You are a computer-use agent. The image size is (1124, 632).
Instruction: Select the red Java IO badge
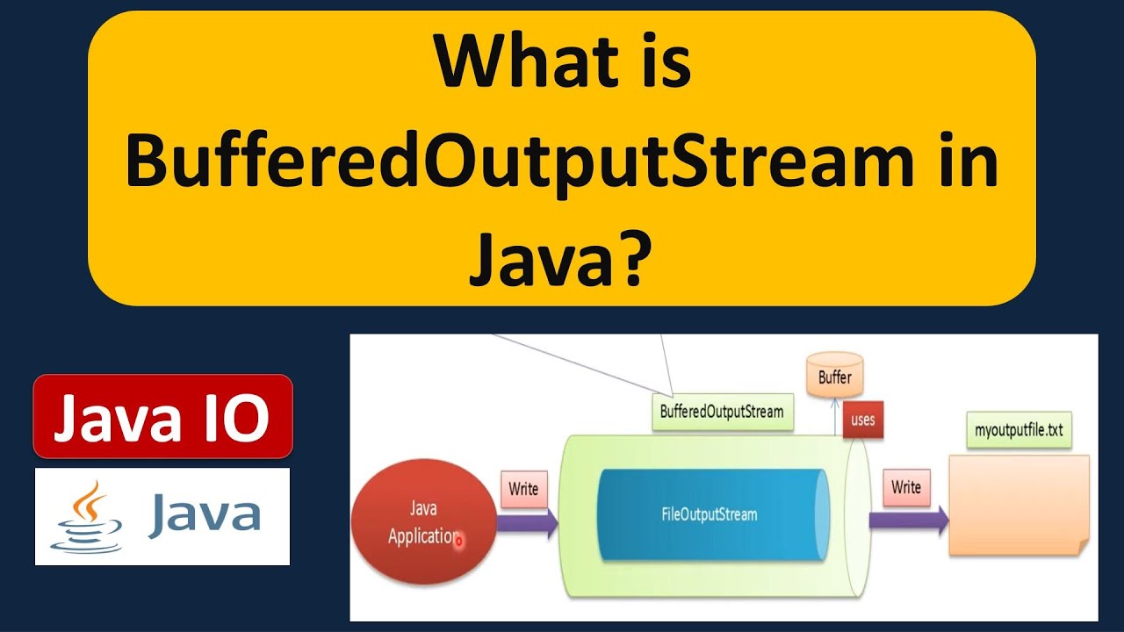[162, 418]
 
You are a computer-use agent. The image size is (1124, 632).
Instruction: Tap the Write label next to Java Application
[523, 489]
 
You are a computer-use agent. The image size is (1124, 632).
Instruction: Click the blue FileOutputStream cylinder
[710, 514]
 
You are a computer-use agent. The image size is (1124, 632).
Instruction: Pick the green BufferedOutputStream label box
[722, 412]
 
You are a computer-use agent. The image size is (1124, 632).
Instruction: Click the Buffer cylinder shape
[834, 376]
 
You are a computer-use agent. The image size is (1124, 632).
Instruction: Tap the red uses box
[862, 420]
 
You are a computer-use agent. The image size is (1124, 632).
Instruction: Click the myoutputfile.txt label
[1019, 431]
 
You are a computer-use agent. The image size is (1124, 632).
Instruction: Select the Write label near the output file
[905, 486]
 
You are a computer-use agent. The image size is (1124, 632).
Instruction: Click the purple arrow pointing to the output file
[909, 521]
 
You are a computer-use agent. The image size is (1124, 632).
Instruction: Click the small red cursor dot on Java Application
[458, 542]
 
